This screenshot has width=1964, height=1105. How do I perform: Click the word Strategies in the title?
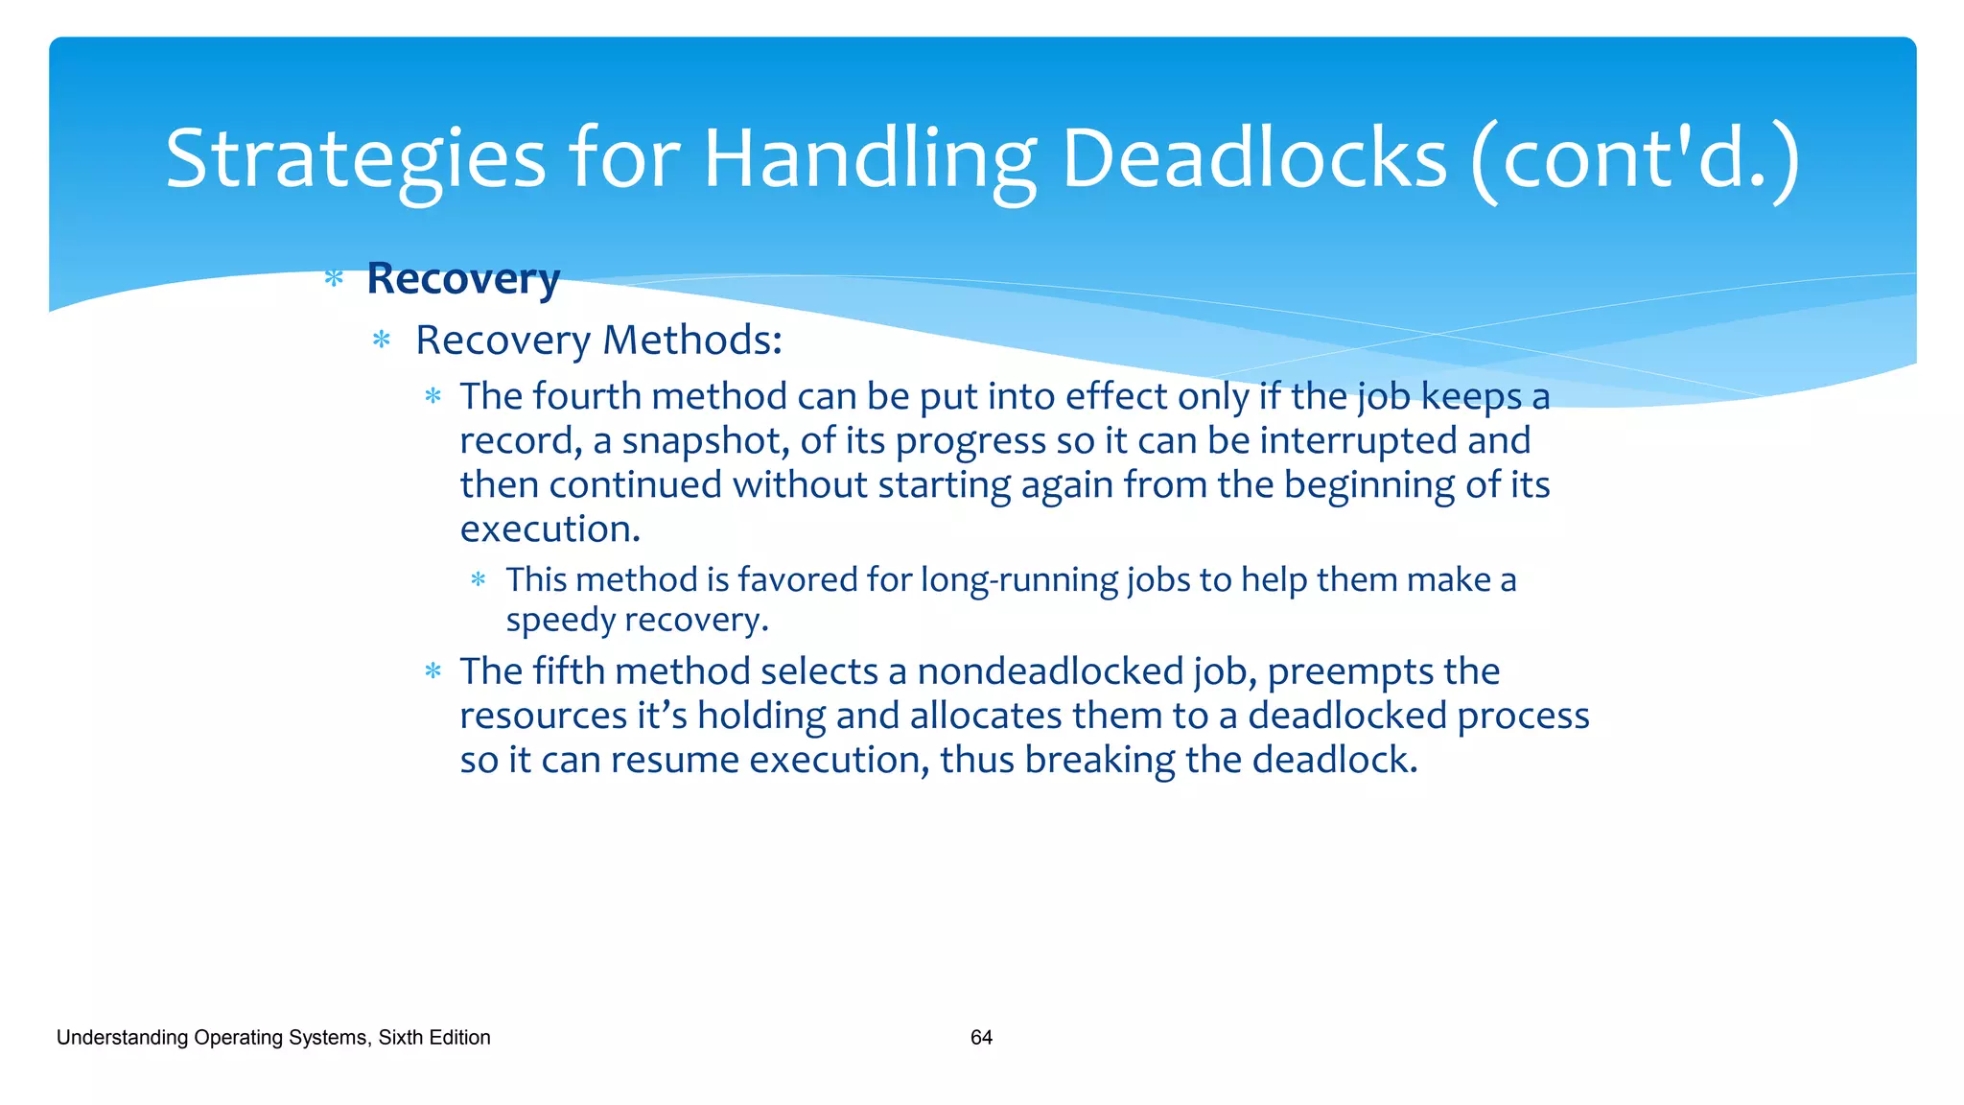(355, 159)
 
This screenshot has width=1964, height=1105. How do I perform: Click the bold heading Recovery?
(463, 279)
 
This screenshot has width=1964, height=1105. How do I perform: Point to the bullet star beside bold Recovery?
(334, 279)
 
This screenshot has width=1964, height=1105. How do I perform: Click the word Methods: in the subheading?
(692, 340)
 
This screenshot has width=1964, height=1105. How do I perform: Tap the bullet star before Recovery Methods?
(382, 340)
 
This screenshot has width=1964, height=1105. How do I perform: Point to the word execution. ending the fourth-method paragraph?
(549, 529)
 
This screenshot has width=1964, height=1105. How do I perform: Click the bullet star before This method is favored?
(479, 579)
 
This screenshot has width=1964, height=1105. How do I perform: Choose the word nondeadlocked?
(1050, 671)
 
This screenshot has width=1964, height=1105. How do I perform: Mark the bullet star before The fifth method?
(433, 671)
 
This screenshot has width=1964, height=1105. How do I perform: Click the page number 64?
(981, 1037)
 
